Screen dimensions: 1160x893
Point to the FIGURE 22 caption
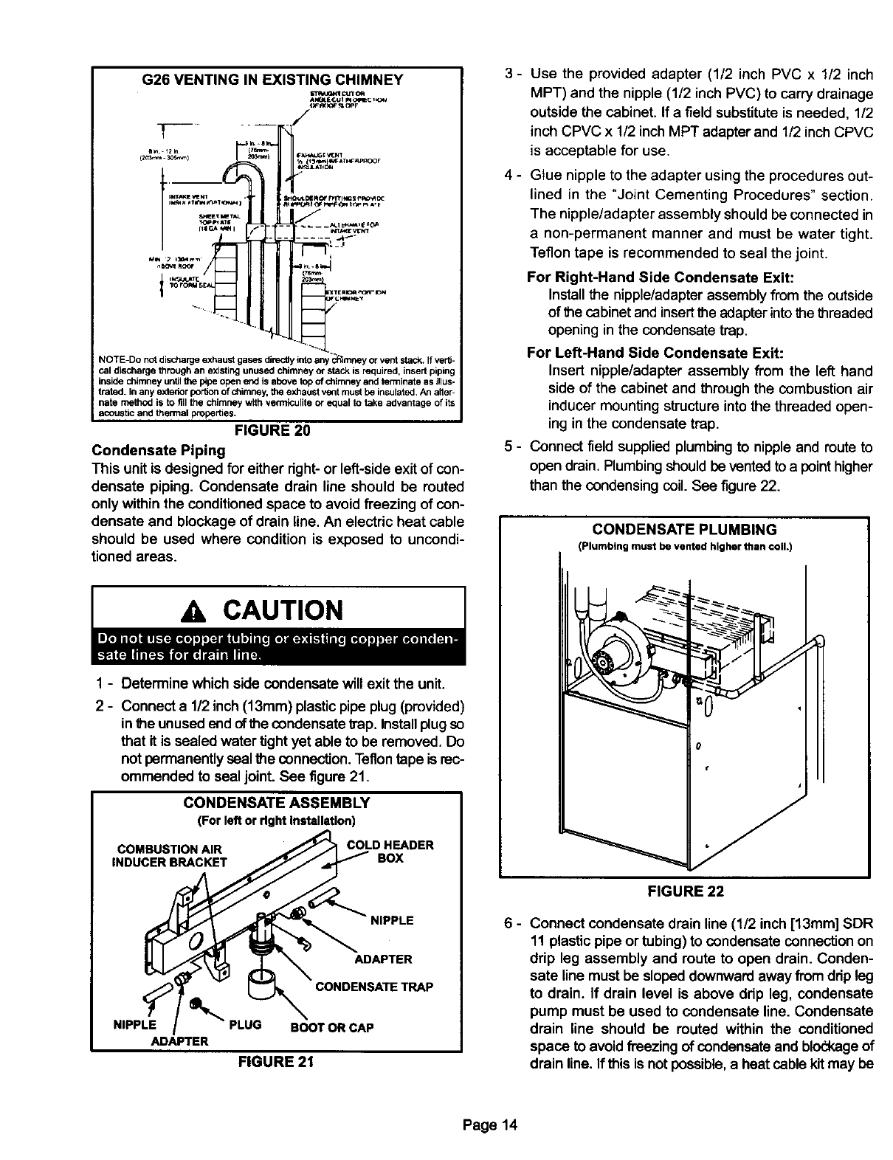tap(685, 891)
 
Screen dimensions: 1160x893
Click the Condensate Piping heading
tap(158, 450)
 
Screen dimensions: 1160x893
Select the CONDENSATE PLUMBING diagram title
tap(685, 530)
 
